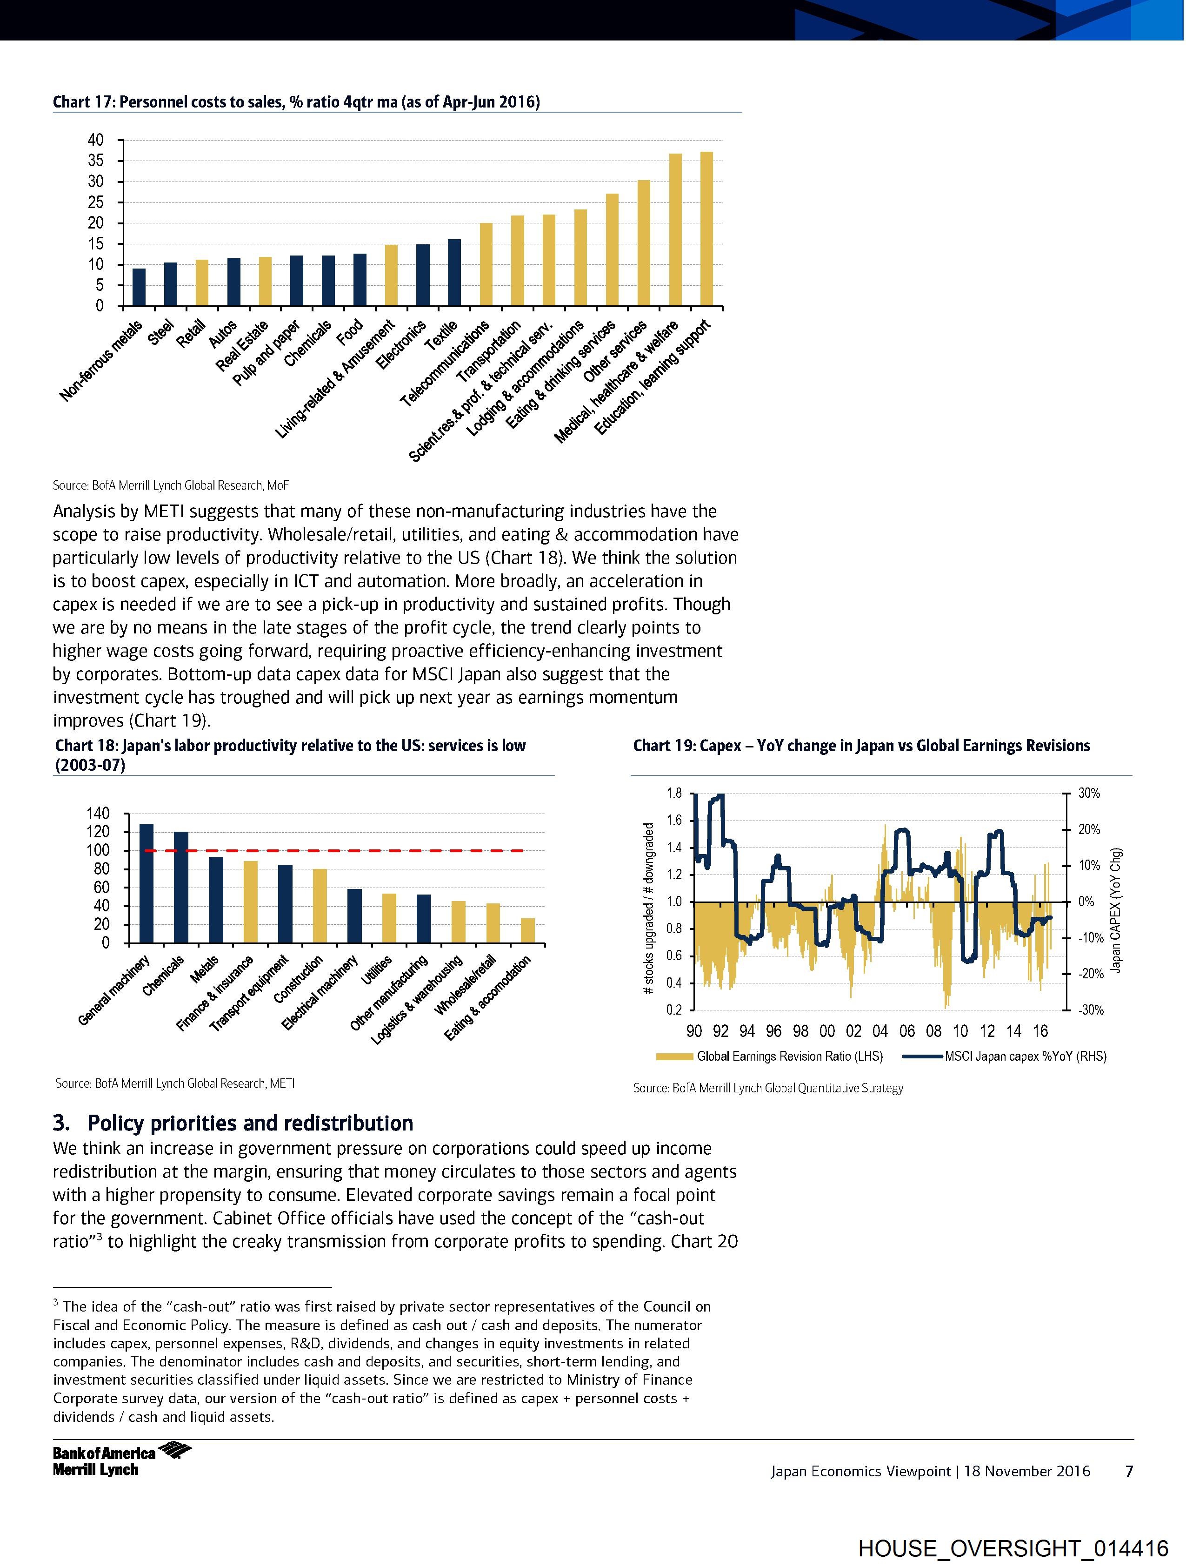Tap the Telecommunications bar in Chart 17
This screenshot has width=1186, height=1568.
click(x=486, y=264)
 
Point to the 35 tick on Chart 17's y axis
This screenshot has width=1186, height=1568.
click(x=96, y=161)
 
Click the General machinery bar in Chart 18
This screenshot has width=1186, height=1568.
click(x=147, y=883)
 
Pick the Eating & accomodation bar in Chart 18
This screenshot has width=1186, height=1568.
click(x=528, y=931)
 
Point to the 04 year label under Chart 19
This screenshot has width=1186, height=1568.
click(x=880, y=1031)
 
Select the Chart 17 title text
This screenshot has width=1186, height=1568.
click(x=296, y=102)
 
